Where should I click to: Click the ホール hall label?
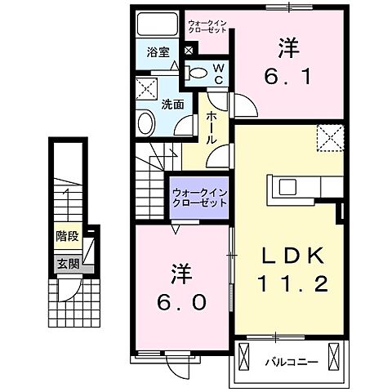(211, 128)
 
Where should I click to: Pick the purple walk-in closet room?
(200, 198)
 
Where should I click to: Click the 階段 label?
(67, 240)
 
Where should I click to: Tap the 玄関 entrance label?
(67, 263)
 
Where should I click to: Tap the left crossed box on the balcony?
(244, 357)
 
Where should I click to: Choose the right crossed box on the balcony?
(333, 357)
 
